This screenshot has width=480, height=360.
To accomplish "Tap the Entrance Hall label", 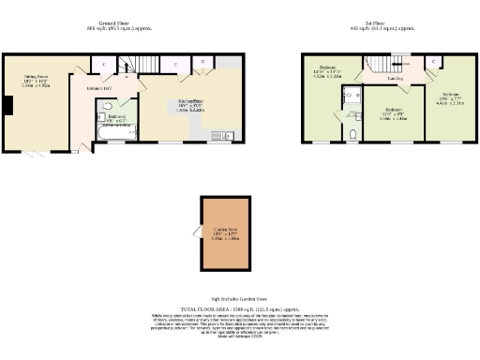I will pyautogui.click(x=99, y=88).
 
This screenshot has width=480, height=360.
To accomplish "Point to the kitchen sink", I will pyautogui.click(x=225, y=136).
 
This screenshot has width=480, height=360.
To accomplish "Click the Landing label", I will pyautogui.click(x=395, y=80).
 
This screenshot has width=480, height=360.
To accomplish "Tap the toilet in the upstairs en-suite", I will pyautogui.click(x=352, y=135).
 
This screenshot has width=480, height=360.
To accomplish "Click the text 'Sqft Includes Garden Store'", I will pyautogui.click(x=240, y=294).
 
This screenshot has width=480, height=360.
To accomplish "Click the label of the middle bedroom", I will pyautogui.click(x=394, y=112).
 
